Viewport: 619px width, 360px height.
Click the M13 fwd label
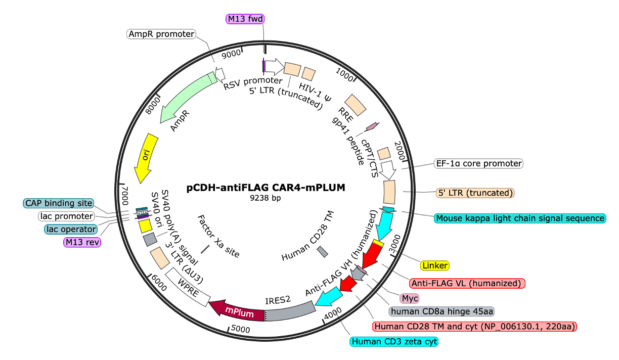245,19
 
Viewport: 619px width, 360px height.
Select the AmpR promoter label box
161,34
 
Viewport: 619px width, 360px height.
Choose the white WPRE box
188,287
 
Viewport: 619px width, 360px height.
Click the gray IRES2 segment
290,311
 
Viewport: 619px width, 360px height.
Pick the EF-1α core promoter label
478,163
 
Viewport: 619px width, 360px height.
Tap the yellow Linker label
435,265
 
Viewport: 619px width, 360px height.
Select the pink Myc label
410,298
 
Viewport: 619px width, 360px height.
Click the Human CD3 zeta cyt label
394,341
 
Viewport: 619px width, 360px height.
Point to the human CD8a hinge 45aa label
441,311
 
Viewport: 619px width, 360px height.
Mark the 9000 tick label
231,54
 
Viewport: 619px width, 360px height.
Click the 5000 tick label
240,329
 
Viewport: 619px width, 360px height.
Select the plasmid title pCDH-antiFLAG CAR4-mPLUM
266,188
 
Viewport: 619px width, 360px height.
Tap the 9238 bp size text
266,198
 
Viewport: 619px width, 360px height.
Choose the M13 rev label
82,242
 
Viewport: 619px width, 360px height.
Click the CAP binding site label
59,203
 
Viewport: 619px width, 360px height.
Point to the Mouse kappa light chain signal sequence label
520,218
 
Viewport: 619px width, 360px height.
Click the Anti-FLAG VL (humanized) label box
467,283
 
